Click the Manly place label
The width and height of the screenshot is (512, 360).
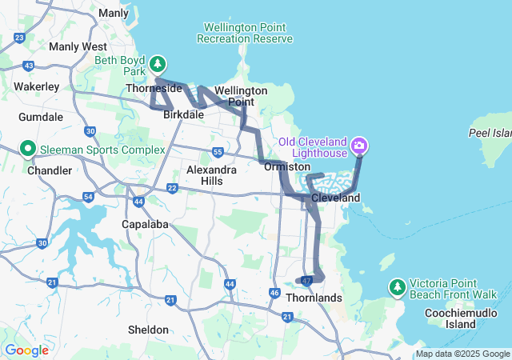[x=114, y=13]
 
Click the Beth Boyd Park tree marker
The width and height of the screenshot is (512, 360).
[x=158, y=63]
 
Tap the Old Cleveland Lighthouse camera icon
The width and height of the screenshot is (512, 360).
[x=359, y=146]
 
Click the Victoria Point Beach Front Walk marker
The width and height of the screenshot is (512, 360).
[x=397, y=286]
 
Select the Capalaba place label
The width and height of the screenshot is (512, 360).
[x=145, y=225]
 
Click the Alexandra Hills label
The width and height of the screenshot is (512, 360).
[x=211, y=175]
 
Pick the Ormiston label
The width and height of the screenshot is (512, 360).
[x=287, y=166]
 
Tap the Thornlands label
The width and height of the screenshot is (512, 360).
[x=318, y=298]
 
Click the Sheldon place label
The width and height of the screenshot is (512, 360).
[x=148, y=330]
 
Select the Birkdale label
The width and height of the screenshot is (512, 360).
[x=183, y=115]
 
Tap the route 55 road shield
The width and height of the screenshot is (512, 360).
[x=218, y=151]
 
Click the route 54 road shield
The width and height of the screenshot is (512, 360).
[x=88, y=197]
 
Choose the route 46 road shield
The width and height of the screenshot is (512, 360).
[x=274, y=294]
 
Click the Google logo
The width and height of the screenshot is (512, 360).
[x=26, y=350]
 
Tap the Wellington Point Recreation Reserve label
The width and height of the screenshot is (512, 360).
[x=245, y=33]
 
